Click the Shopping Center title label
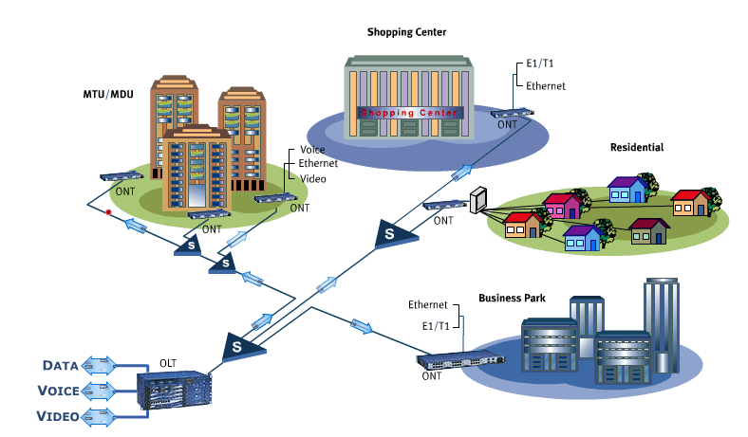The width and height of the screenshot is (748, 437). [x=406, y=32]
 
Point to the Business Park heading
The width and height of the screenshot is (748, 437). [x=512, y=298]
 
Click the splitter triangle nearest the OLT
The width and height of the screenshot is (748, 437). [x=235, y=346]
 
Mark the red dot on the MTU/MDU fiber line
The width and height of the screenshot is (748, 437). [x=109, y=212]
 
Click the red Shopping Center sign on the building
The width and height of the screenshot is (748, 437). [x=408, y=112]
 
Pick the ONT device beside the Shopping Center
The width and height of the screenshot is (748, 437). [x=512, y=113]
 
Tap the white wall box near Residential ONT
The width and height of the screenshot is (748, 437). [x=477, y=199]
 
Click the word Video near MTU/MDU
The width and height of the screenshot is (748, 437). [x=312, y=177]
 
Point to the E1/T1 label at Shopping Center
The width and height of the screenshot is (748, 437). [x=541, y=65]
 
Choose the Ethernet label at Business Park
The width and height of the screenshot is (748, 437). [x=427, y=305]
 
